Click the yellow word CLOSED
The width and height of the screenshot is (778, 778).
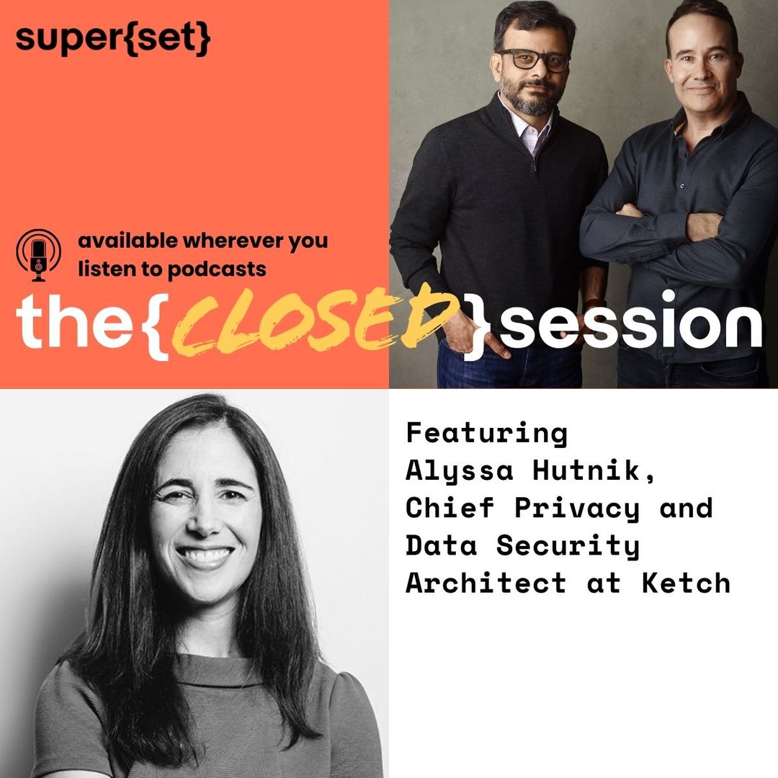316,324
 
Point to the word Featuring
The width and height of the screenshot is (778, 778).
486,434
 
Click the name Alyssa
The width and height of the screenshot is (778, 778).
460,471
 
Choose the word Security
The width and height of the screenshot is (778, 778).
568,545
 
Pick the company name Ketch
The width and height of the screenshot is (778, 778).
687,583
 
